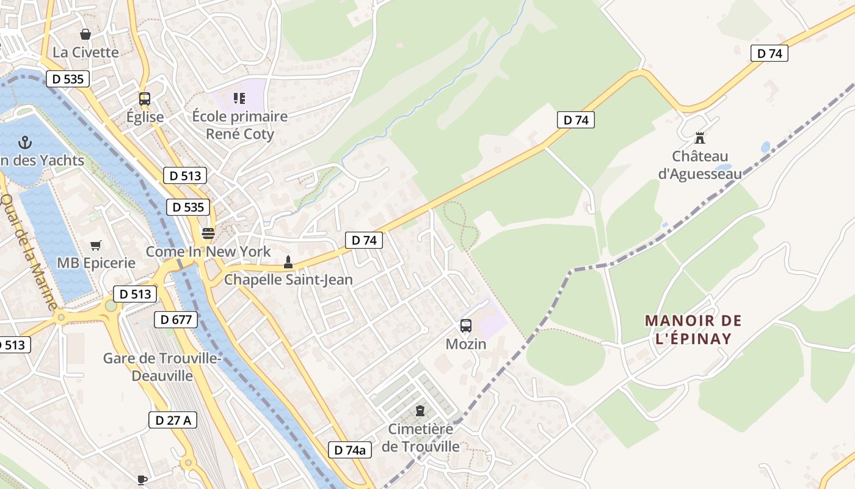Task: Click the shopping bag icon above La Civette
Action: point(85,34)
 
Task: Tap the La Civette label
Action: point(85,52)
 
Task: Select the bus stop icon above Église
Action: point(145,98)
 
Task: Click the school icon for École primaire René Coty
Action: point(239,98)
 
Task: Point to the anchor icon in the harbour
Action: point(24,142)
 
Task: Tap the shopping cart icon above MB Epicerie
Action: point(96,245)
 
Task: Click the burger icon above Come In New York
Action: point(208,233)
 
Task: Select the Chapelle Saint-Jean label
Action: point(288,280)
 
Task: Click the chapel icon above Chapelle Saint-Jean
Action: point(288,263)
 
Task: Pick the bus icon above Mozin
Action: point(466,326)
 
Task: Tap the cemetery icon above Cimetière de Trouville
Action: point(420,410)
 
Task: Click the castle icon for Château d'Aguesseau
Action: point(700,138)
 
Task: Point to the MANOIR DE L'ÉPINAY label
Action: point(693,329)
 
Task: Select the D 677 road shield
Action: point(176,319)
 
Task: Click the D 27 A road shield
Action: point(173,420)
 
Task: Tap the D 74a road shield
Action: point(350,450)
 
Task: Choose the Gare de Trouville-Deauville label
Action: point(162,367)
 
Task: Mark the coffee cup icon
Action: point(142,480)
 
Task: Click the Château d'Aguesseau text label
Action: point(700,165)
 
